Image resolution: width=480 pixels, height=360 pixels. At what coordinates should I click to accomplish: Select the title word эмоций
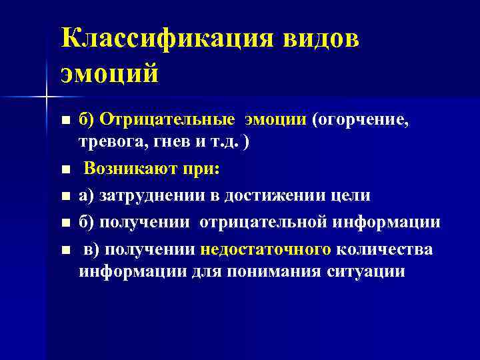click(110, 72)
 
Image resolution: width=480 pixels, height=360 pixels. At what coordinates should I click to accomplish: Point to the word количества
click(385, 249)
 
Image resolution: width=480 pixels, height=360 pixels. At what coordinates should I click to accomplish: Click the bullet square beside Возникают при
click(65, 170)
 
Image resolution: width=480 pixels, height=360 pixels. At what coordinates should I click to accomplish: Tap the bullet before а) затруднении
click(65, 197)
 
